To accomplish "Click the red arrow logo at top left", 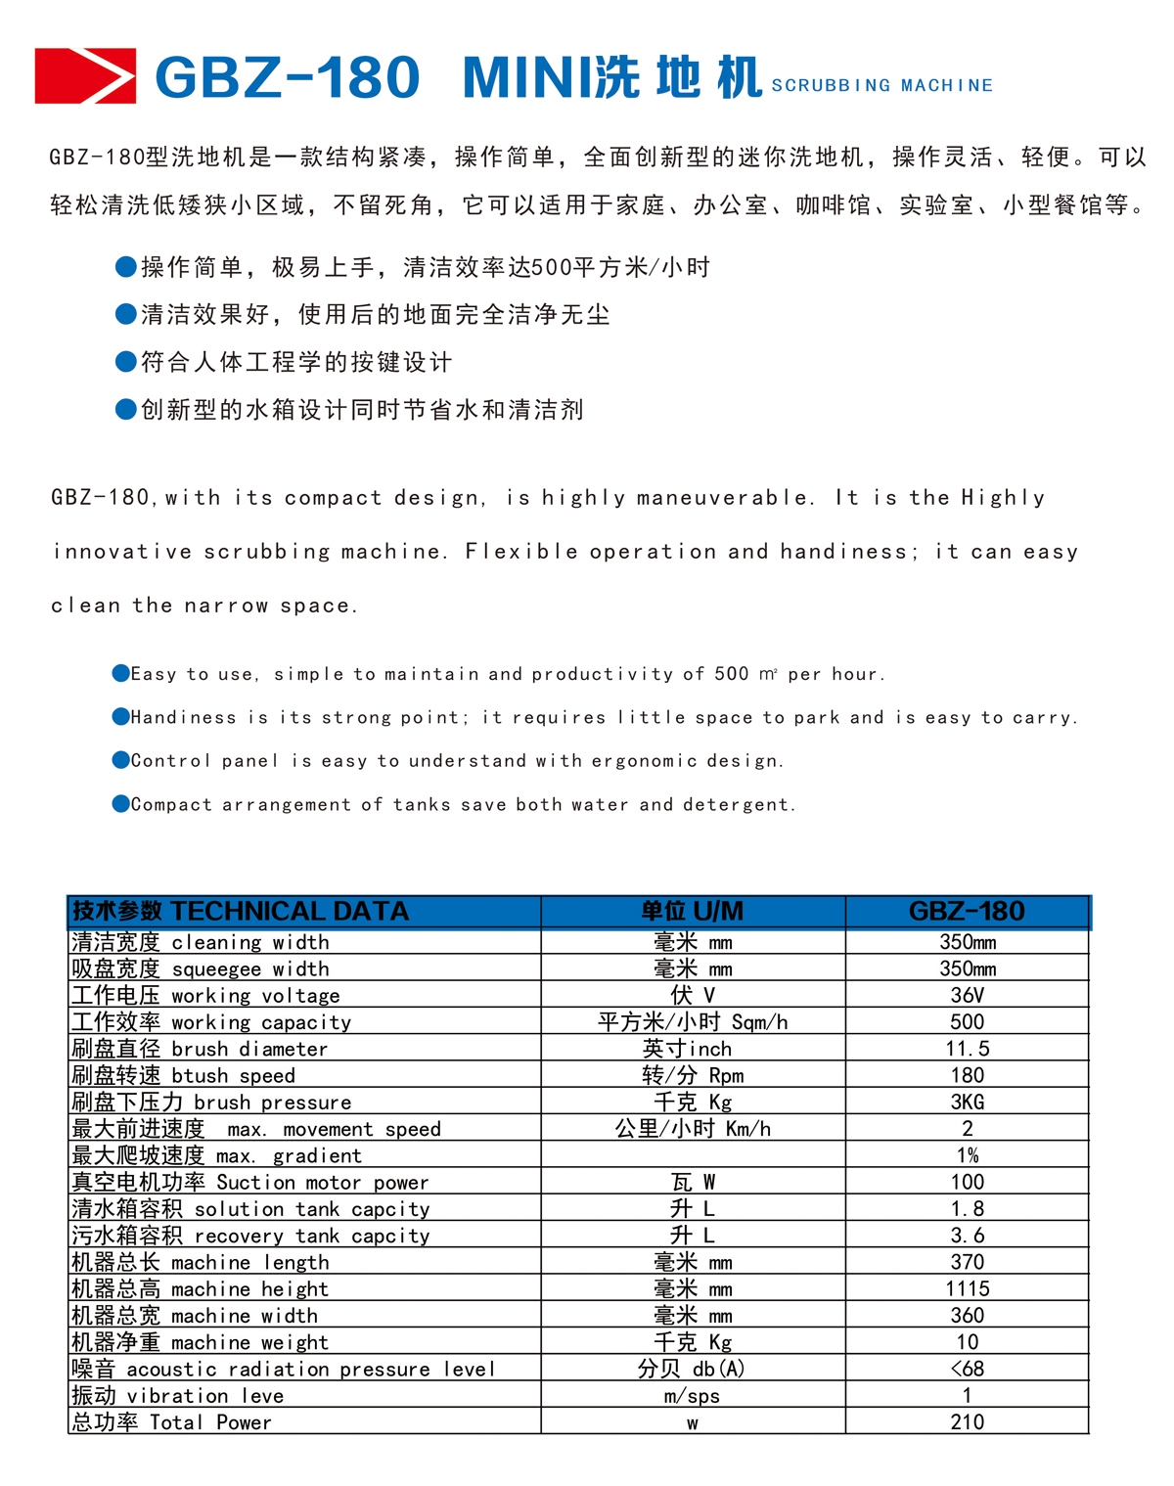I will coord(85,75).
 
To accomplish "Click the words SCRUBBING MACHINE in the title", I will coord(881,86).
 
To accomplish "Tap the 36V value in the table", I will coord(967,996).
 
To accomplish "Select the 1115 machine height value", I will coord(967,1289).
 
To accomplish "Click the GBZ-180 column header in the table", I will coord(967,912).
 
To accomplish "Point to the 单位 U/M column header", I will coord(692,912).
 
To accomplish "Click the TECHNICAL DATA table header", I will coord(241,912).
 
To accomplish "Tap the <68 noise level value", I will coord(967,1370).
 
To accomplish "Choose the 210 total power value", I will coord(967,1422).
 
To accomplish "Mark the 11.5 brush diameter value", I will coord(967,1049).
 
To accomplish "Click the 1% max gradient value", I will coord(967,1156).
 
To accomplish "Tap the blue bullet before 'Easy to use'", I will coord(121,673).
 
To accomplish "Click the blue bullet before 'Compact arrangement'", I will coord(121,804).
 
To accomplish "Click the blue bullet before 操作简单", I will coord(126,266).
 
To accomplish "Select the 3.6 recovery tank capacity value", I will coord(967,1236).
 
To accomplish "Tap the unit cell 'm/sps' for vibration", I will coord(692,1396).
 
